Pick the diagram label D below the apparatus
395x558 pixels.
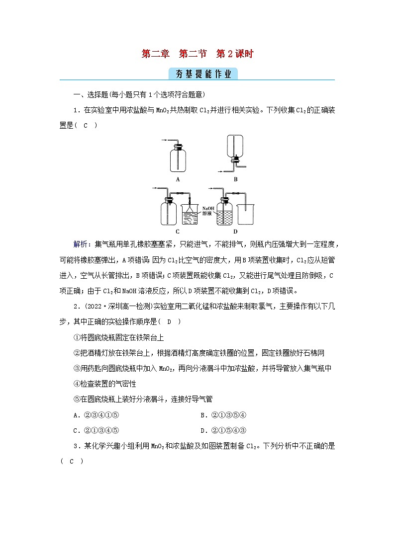pos(235,231)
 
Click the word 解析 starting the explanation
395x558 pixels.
pos(80,245)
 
